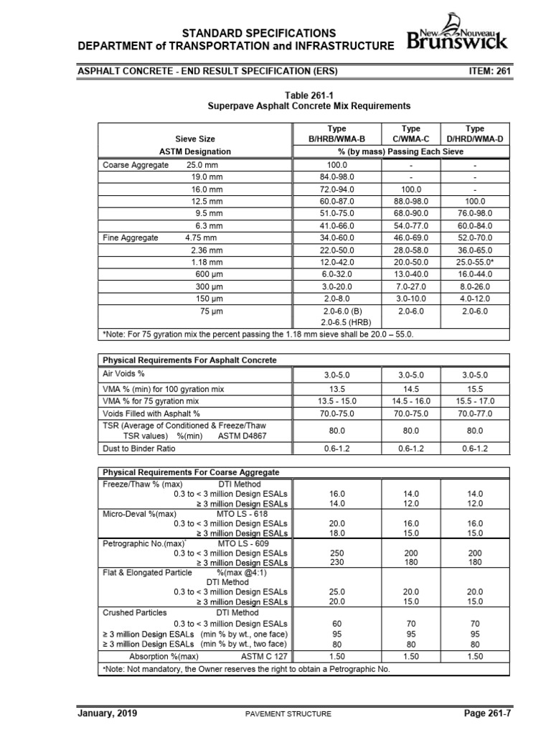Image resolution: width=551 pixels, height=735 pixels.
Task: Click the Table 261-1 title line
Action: click(307, 94)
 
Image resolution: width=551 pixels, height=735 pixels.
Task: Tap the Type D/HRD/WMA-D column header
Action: click(475, 133)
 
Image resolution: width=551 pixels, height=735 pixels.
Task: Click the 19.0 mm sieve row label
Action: click(207, 177)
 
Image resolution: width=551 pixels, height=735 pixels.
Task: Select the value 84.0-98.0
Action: click(336, 177)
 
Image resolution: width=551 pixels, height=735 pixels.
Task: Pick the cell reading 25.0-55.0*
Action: click(475, 262)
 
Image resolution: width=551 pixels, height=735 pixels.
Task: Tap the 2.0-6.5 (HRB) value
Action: click(336, 323)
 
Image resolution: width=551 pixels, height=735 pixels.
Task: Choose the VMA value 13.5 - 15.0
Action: click(336, 401)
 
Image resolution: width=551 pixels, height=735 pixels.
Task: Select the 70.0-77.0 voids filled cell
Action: click(475, 413)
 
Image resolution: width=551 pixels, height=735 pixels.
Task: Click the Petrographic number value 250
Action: click(336, 554)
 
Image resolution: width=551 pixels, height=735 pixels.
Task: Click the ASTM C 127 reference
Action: click(264, 656)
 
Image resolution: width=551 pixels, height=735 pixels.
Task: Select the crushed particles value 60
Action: click(336, 623)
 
